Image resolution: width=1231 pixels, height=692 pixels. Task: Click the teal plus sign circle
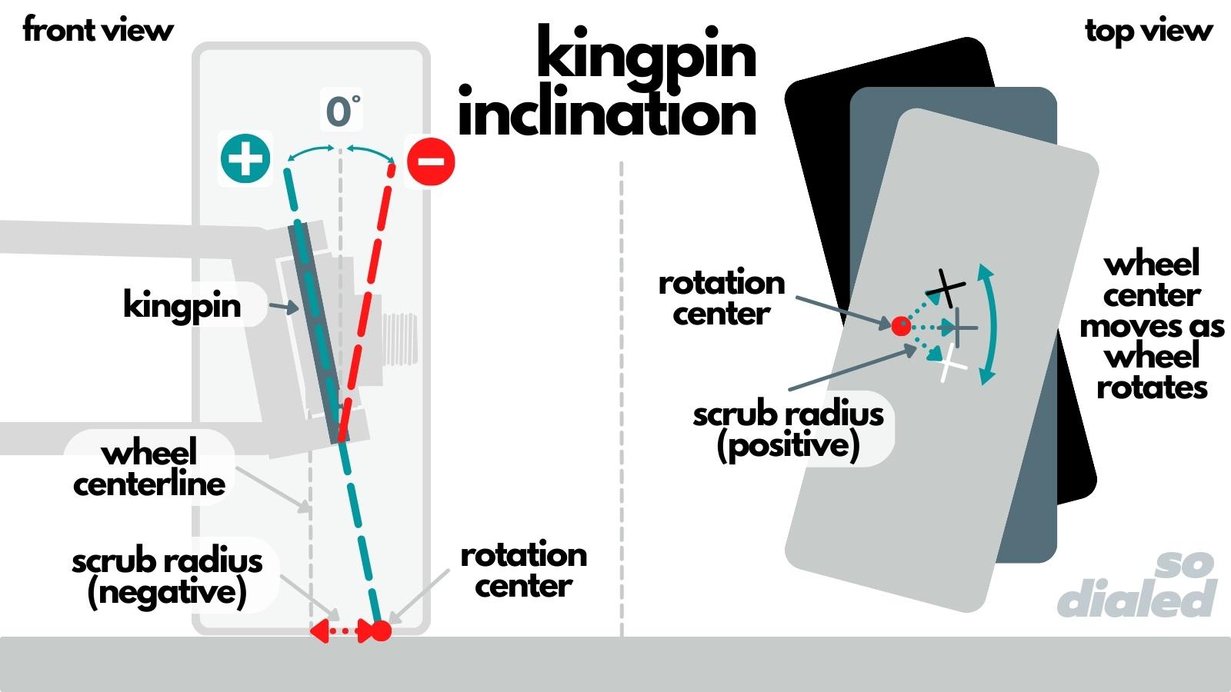tap(245, 158)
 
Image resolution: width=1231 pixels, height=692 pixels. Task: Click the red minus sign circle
tap(431, 161)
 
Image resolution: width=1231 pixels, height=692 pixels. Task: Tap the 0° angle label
tap(342, 112)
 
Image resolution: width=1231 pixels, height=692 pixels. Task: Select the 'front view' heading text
tap(98, 30)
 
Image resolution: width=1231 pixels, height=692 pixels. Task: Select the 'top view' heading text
tap(1149, 31)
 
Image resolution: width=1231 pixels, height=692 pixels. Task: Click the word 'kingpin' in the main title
tap(646, 55)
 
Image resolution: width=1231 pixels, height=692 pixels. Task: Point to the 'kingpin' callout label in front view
tap(182, 305)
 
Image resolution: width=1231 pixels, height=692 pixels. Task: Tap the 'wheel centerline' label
tap(149, 468)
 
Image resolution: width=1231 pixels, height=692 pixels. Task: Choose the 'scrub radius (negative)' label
tap(167, 577)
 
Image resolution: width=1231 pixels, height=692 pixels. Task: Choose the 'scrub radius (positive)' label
tap(788, 430)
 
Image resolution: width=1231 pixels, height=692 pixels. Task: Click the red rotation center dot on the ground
tap(382, 631)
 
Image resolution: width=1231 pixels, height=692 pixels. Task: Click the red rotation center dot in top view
tap(901, 326)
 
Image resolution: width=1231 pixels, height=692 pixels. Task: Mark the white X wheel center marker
tap(952, 363)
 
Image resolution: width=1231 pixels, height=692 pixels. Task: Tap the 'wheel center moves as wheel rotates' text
tap(1152, 325)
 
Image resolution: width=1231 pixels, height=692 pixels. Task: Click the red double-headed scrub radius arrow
tap(342, 632)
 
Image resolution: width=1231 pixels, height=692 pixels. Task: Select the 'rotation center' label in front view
tap(523, 570)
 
